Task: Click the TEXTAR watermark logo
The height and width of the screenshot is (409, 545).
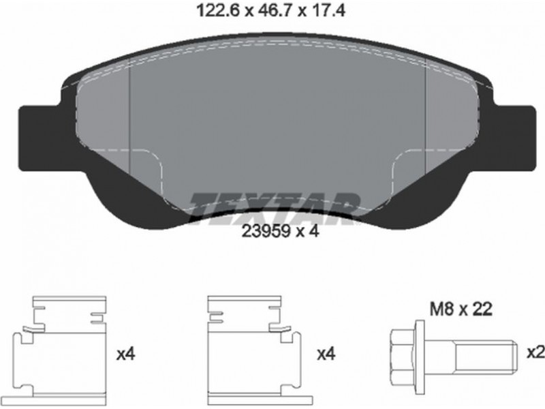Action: point(274,208)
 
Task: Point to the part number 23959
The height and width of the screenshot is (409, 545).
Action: point(266,231)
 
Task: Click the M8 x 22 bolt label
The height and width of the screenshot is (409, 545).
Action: point(461,309)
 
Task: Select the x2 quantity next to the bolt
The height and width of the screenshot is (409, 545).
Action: point(535,353)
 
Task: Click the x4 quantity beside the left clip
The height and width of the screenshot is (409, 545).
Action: point(126,354)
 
